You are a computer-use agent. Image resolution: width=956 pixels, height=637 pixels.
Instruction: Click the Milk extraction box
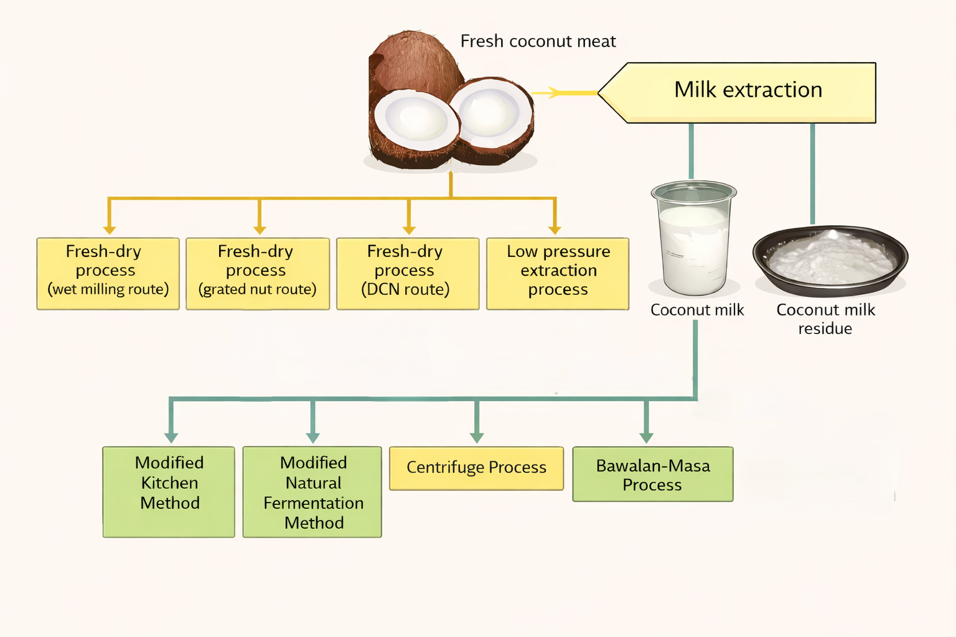click(747, 91)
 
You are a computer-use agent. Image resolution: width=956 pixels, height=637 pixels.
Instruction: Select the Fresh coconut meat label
click(538, 42)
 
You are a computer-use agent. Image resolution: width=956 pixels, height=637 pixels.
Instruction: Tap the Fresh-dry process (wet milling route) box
click(108, 273)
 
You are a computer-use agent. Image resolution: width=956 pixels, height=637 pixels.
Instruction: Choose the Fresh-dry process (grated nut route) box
click(257, 273)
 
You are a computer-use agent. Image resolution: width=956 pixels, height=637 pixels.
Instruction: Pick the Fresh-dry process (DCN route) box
click(407, 273)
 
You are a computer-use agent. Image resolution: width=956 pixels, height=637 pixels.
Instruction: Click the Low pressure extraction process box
click(558, 273)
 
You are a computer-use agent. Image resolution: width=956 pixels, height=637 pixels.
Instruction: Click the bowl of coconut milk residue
click(830, 260)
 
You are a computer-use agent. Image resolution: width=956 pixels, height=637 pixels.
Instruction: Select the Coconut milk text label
click(697, 310)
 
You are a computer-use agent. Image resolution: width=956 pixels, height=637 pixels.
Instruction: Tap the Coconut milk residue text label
click(825, 319)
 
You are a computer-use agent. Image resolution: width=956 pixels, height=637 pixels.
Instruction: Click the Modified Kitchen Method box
click(169, 491)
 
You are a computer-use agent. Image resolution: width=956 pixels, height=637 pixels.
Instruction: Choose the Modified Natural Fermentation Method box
click(312, 491)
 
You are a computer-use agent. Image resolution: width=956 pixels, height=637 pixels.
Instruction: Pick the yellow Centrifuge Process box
click(476, 468)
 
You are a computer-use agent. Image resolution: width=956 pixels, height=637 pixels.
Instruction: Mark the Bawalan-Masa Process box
click(652, 474)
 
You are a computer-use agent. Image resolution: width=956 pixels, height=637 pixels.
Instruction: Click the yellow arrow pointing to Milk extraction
click(554, 93)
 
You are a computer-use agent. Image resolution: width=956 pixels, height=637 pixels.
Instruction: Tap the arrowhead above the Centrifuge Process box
click(477, 437)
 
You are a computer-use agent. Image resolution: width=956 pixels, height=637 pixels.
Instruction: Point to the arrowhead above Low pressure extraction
click(555, 230)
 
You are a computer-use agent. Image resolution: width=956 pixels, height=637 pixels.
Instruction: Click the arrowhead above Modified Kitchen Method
click(171, 437)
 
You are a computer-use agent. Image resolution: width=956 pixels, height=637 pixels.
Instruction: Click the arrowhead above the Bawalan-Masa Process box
click(646, 437)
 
